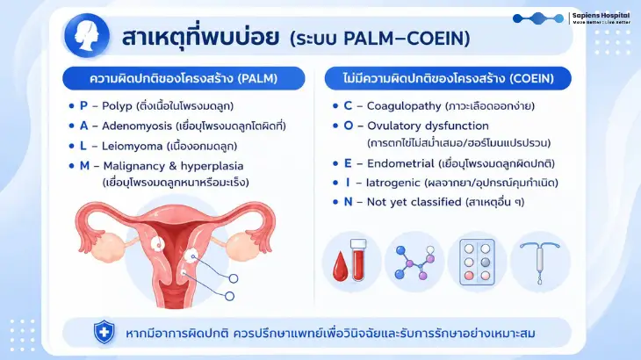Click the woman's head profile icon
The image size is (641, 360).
(87, 35)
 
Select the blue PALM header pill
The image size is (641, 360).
(184, 78)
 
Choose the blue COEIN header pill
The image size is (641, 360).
(448, 78)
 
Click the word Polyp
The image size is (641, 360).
(117, 106)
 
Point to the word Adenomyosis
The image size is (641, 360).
(137, 126)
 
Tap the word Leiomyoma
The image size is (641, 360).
(132, 146)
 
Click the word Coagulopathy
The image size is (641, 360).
(404, 106)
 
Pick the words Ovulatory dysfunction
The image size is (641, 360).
(428, 126)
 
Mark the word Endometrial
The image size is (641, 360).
(400, 163)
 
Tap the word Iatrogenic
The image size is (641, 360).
(393, 183)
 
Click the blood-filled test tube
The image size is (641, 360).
(358, 260)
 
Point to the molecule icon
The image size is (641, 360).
(414, 263)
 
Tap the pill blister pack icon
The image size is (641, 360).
(477, 262)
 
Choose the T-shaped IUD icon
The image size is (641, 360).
(540, 262)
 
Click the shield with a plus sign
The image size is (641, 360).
(104, 332)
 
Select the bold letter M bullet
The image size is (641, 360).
(84, 166)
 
